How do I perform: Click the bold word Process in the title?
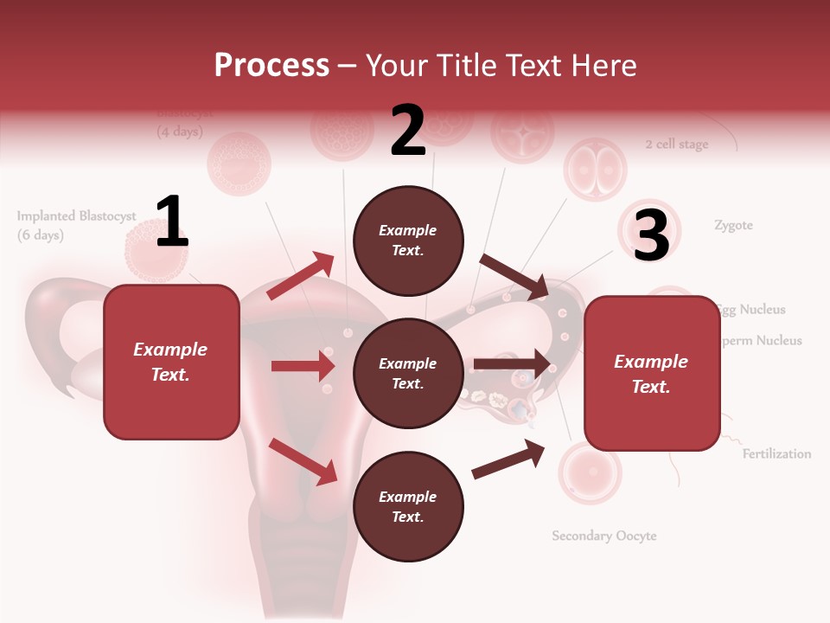pos(271,65)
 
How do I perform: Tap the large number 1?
pos(171,222)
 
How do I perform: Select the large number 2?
pos(408,131)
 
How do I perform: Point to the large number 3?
pos(651,235)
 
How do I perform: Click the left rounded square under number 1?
pos(171,362)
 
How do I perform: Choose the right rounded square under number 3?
pos(652,374)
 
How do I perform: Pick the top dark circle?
pos(408,241)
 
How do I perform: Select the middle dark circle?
pos(408,374)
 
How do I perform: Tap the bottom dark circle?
pos(408,507)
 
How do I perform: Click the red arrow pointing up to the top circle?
pos(301,276)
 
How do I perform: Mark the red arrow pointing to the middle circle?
pos(303,366)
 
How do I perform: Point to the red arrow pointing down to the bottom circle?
pos(303,460)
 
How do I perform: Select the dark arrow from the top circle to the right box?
pos(514,276)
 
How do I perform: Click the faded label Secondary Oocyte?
pos(604,536)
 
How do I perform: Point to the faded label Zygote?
pos(733,225)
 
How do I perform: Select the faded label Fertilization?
pos(776,453)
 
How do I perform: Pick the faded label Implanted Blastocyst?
pos(76,216)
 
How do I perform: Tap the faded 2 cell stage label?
pos(676,145)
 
